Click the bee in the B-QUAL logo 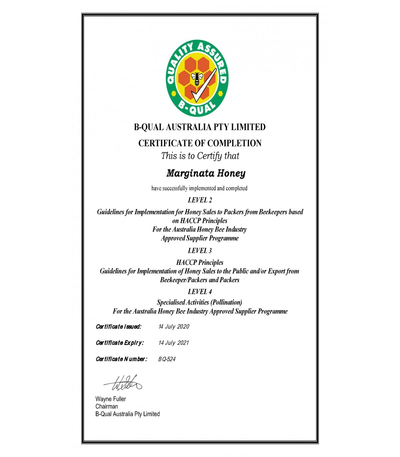coord(197,79)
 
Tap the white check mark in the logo coord(204,87)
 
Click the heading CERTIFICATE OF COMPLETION coord(200,143)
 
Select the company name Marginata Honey coord(206,173)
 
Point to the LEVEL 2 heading coord(200,200)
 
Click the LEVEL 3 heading coord(200,250)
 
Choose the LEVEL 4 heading coord(200,292)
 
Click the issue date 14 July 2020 coord(174,326)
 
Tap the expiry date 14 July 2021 coord(174,343)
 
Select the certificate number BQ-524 coord(167,359)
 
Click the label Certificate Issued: coord(118,326)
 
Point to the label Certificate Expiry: coord(120,343)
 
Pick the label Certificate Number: coord(121,359)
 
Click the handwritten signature coord(123,383)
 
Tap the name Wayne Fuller coord(111,399)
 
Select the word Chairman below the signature coord(107,406)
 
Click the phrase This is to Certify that coord(200,156)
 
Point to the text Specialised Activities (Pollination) coord(199,302)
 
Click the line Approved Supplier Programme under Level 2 coord(200,238)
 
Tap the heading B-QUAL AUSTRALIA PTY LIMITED coord(200,127)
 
